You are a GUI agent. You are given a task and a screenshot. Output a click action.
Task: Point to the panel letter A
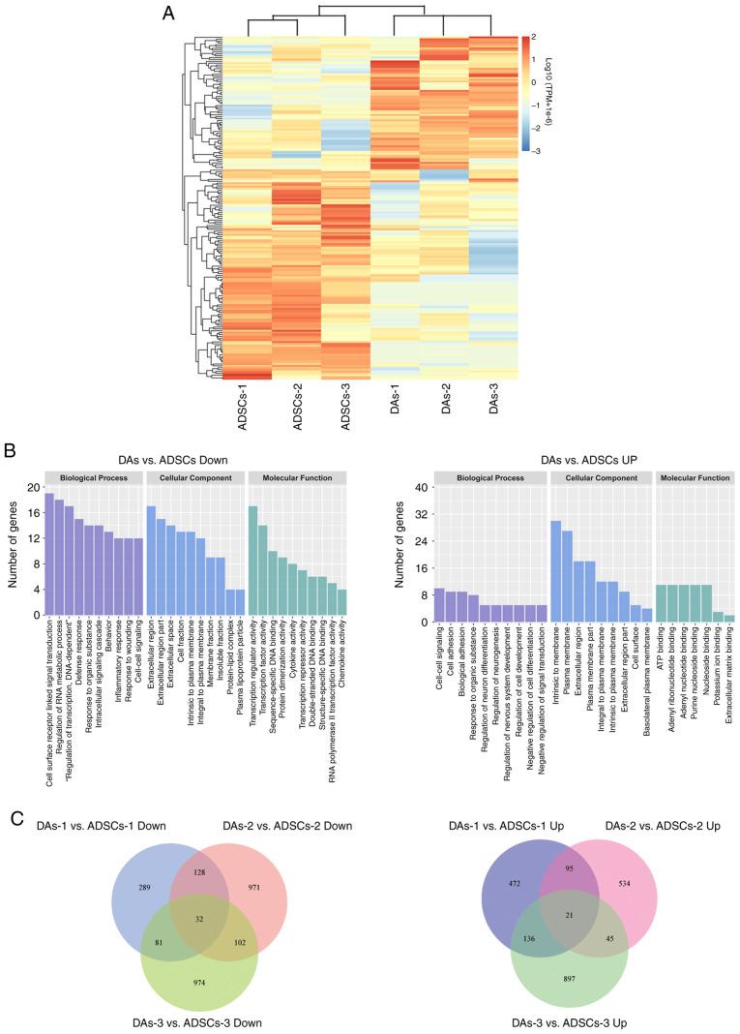pos(169,14)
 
